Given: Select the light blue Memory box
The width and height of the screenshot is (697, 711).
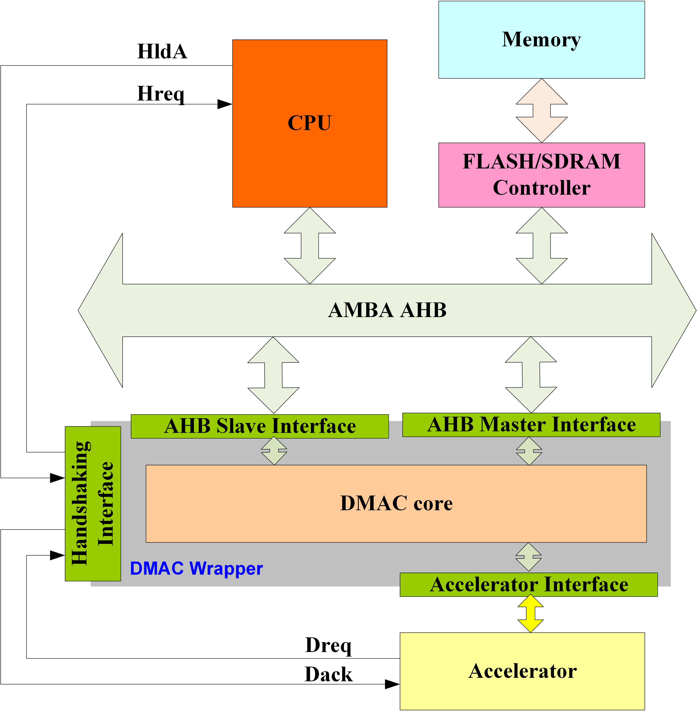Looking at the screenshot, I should [542, 40].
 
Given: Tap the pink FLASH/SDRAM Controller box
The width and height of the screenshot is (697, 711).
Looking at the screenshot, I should [542, 175].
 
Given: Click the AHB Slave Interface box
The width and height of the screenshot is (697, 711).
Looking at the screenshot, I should [260, 426].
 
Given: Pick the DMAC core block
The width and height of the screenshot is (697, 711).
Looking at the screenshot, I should [396, 503].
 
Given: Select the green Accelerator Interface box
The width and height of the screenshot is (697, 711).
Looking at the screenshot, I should [529, 585].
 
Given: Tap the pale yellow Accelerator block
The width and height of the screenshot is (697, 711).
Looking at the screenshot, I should [522, 671].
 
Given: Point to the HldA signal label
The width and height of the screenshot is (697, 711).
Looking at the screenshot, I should [162, 51].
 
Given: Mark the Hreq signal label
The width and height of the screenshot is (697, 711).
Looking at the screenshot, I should [161, 94].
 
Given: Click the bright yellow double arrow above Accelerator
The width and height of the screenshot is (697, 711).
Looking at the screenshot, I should [530, 613].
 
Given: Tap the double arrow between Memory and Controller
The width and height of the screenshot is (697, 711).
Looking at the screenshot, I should [542, 111].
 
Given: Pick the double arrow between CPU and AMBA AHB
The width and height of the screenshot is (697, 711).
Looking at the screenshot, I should [310, 245].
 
